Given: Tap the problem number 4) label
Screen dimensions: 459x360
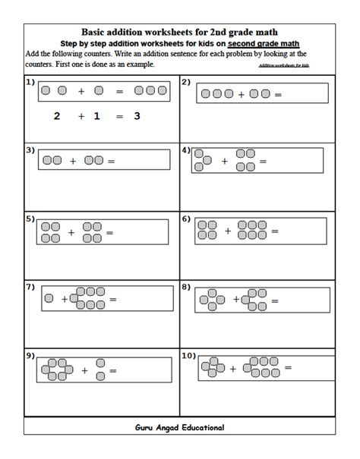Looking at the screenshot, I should click(186, 150).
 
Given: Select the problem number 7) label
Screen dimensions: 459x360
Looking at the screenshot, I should click(30, 288).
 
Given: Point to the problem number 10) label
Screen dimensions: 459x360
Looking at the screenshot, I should click(189, 354).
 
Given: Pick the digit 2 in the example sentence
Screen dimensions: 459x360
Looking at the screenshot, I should click(55, 116).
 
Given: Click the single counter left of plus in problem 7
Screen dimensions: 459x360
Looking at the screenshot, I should click(49, 299).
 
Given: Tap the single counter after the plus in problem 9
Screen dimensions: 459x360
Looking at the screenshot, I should click(98, 371).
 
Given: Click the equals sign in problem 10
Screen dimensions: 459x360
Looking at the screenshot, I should click(288, 368).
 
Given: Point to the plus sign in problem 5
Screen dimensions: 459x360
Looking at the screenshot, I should click(71, 232).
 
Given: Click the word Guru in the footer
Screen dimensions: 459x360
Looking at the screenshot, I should click(144, 427).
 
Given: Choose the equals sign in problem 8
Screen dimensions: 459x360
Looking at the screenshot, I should click(272, 300).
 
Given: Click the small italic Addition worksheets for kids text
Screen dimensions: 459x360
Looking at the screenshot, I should click(284, 66).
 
